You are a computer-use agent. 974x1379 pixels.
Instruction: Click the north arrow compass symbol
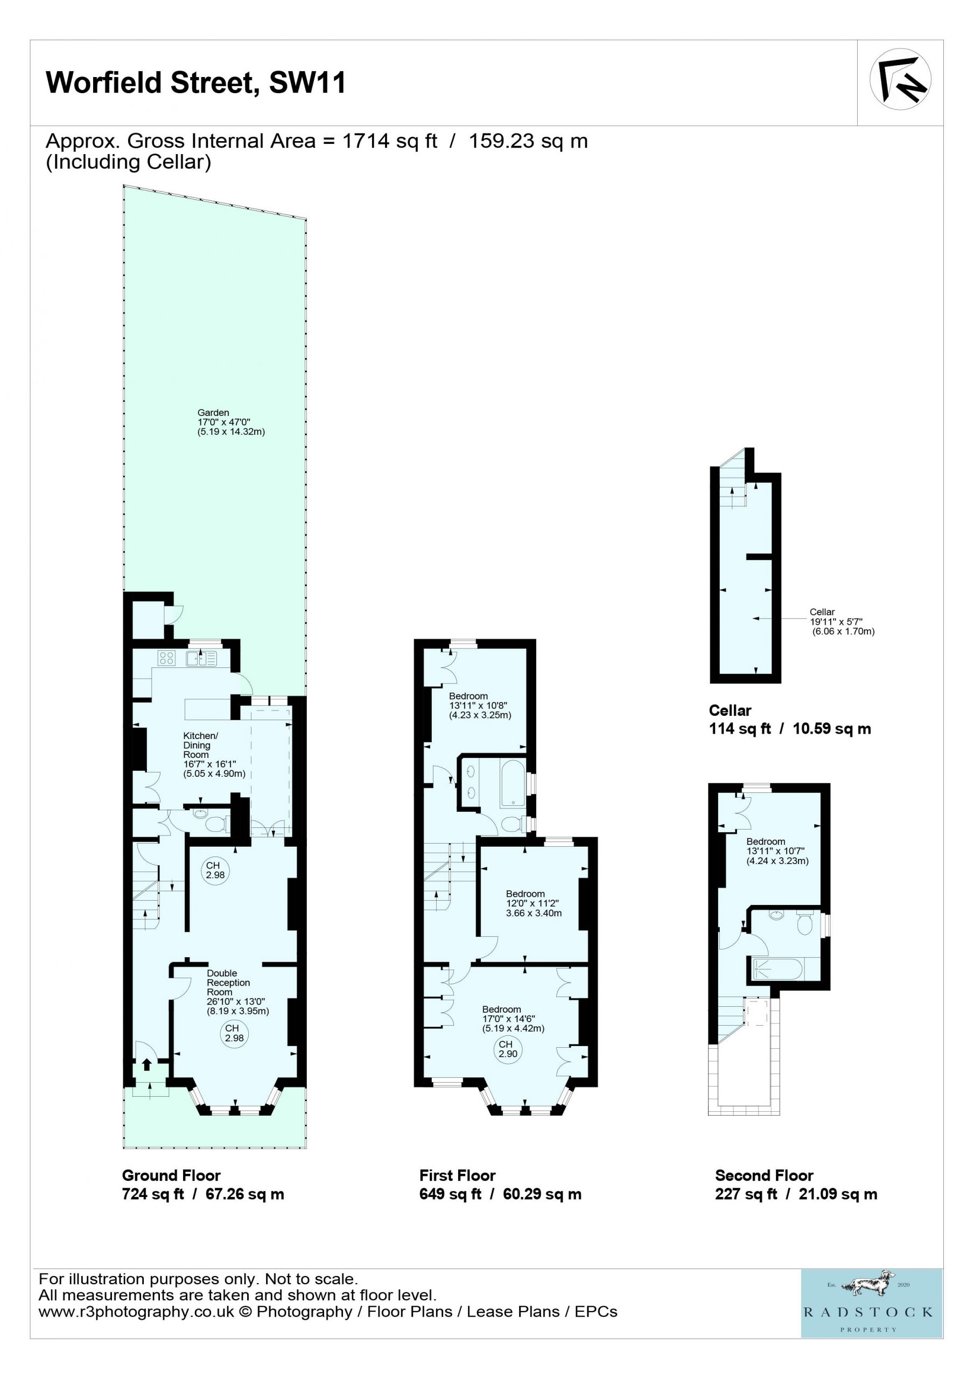[x=900, y=79]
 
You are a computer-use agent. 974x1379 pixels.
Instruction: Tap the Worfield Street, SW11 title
[x=196, y=82]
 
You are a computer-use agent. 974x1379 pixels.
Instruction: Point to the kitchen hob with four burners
[x=166, y=658]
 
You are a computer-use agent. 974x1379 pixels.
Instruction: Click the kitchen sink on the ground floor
[x=201, y=658]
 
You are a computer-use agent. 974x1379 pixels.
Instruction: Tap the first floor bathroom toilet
[x=511, y=824]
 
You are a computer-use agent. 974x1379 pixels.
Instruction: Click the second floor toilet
[x=804, y=924]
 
